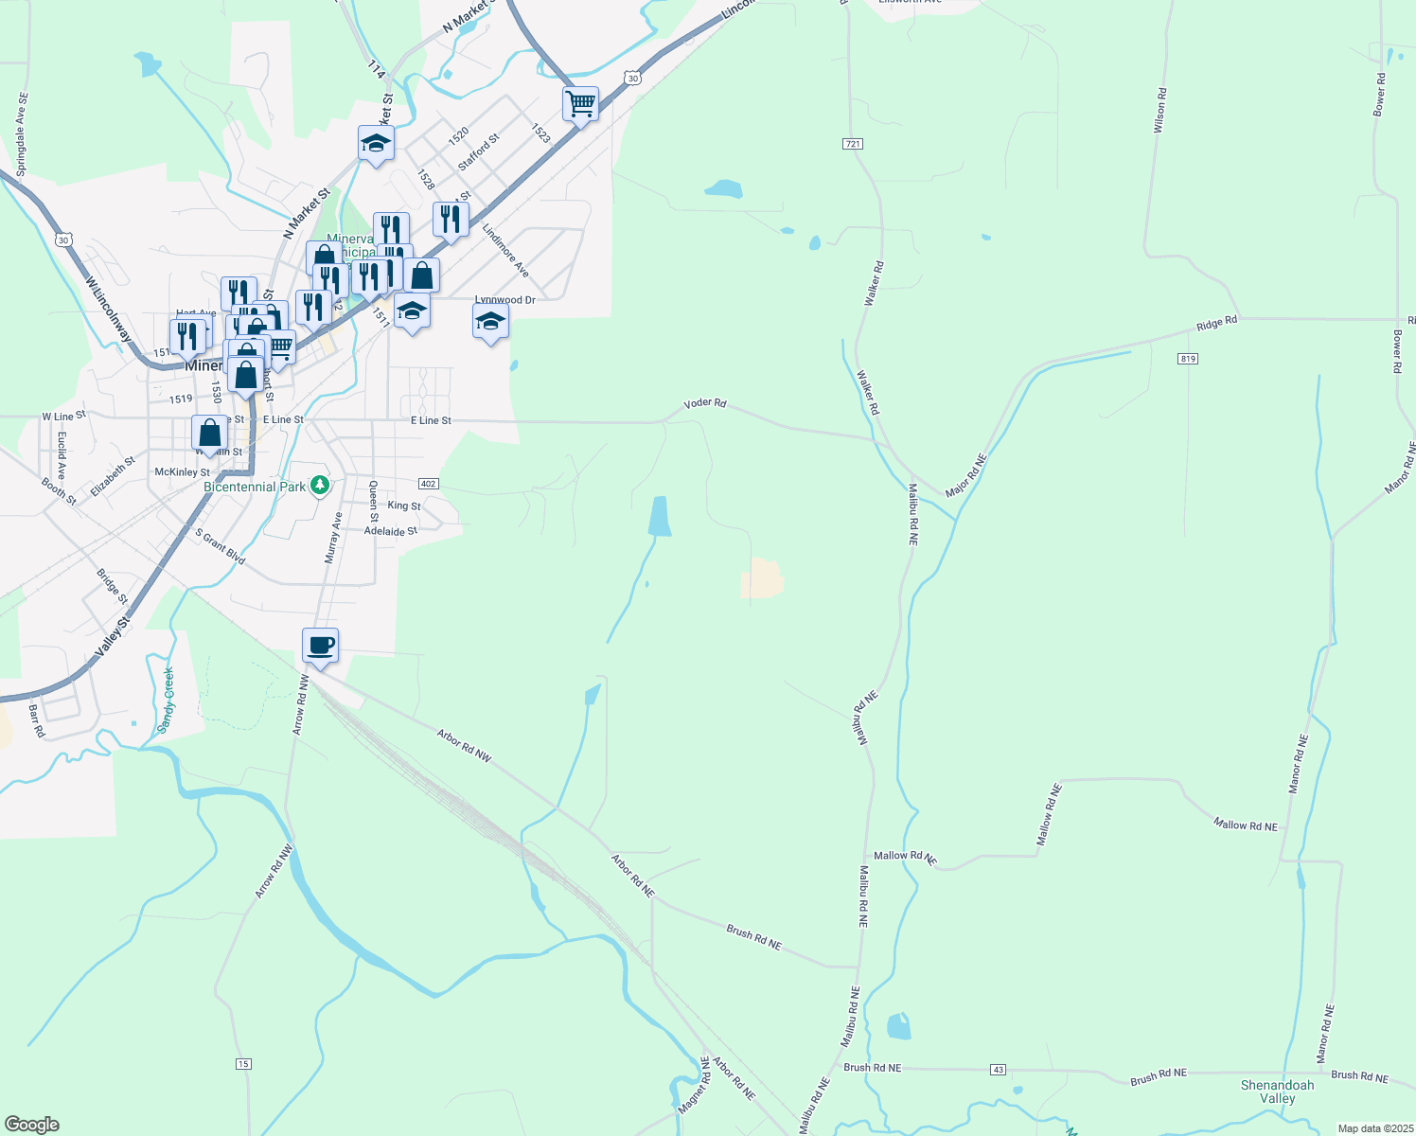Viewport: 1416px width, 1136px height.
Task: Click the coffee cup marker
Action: pos(321,646)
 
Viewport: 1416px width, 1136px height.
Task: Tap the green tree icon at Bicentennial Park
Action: pos(321,486)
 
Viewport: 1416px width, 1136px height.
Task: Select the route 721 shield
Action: pos(852,144)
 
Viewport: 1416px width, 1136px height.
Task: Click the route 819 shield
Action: pos(1189,359)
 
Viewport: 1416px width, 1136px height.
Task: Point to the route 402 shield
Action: pos(428,484)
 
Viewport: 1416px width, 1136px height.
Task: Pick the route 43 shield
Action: pos(998,1070)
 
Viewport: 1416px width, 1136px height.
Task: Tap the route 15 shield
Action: pos(243,1064)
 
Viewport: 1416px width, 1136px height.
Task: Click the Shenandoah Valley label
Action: pos(1277,1092)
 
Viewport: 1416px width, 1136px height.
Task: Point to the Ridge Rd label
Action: pos(1216,323)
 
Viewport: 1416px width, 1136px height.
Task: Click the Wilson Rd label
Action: pos(1159,110)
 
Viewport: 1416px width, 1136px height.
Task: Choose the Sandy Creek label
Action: pos(168,700)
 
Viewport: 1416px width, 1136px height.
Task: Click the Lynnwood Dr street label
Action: pos(505,300)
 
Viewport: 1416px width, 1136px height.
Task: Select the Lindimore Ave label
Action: pos(505,250)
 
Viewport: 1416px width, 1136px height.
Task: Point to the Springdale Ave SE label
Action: pos(23,133)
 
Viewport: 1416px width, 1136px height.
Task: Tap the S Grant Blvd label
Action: pos(221,547)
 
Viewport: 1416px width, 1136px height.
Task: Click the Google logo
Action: pos(31,1125)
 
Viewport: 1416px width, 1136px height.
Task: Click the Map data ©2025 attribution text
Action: pos(1374,1128)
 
